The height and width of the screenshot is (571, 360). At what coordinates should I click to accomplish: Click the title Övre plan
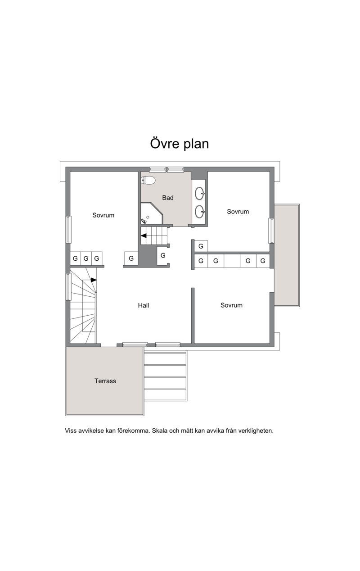pyautogui.click(x=180, y=144)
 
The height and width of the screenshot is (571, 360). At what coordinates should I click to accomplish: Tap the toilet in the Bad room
pyautogui.click(x=148, y=181)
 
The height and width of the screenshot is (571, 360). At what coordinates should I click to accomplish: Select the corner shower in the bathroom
pyautogui.click(x=152, y=213)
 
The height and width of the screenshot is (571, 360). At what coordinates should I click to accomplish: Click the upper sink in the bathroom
pyautogui.click(x=200, y=194)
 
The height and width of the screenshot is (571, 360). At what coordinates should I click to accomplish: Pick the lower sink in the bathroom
pyautogui.click(x=200, y=212)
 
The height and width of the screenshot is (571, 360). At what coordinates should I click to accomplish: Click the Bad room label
pyautogui.click(x=168, y=198)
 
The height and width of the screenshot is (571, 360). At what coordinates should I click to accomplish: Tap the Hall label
pyautogui.click(x=144, y=305)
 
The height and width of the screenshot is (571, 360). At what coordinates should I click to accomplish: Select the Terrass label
pyautogui.click(x=105, y=381)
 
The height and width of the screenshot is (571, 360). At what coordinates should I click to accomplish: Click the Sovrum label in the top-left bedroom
pyautogui.click(x=103, y=215)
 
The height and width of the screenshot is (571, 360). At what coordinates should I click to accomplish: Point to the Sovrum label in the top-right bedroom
pyautogui.click(x=238, y=212)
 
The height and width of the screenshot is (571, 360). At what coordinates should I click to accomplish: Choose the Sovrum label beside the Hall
pyautogui.click(x=231, y=305)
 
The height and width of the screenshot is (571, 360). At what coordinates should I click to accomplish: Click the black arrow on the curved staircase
pyautogui.click(x=94, y=280)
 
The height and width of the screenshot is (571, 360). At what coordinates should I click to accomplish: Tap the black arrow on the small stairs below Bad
pyautogui.click(x=144, y=236)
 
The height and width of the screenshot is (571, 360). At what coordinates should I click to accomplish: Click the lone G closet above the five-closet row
pyautogui.click(x=201, y=246)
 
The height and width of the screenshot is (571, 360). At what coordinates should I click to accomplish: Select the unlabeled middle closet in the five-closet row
pyautogui.click(x=232, y=261)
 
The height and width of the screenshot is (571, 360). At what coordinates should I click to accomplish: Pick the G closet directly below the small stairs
pyautogui.click(x=163, y=255)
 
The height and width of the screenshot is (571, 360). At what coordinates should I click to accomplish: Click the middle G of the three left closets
pyautogui.click(x=86, y=258)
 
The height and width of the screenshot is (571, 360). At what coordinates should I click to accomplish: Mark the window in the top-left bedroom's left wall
pyautogui.click(x=68, y=229)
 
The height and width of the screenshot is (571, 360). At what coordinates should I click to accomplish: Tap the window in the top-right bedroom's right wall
pyautogui.click(x=272, y=231)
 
